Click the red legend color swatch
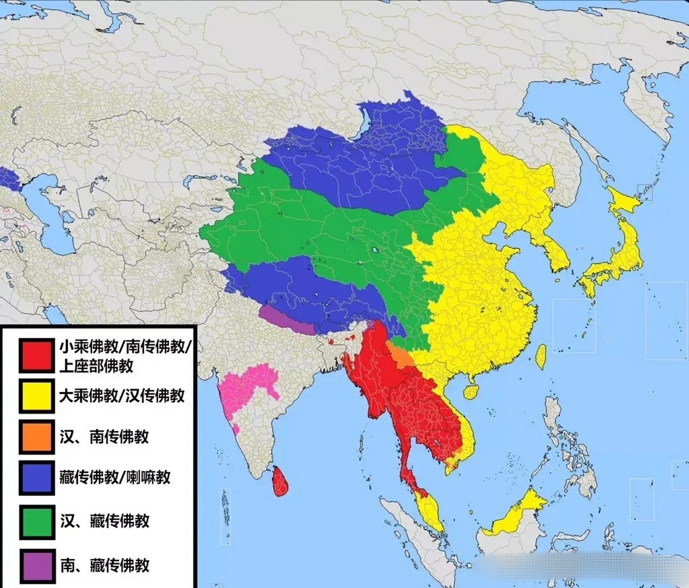point(36,356)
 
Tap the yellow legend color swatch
point(36,396)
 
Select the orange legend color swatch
point(36,436)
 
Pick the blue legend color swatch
point(36,478)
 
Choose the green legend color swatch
point(37,521)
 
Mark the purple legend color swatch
point(37,565)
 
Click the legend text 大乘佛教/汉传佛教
point(122,396)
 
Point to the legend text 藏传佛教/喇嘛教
point(115,478)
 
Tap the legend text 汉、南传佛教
point(104,436)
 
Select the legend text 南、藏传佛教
point(105,565)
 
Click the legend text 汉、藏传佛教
point(105,521)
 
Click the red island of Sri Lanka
point(280,481)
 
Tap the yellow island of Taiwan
point(542,356)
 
